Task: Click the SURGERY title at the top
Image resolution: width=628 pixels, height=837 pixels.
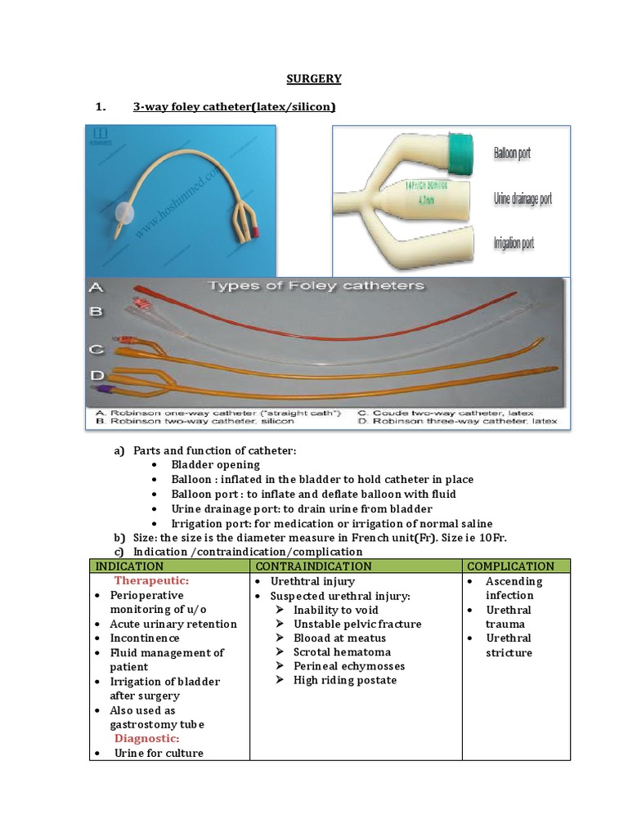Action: pyautogui.click(x=314, y=78)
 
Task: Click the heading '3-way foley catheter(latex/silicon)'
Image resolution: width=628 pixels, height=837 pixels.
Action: pyautogui.click(x=234, y=107)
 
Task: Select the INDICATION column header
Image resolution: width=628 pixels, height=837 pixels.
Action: pyautogui.click(x=129, y=566)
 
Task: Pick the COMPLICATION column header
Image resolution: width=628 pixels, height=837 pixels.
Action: pyautogui.click(x=511, y=566)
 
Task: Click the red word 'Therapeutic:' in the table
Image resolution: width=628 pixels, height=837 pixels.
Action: pyautogui.click(x=151, y=580)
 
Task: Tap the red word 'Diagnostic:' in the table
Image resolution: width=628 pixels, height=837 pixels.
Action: pyautogui.click(x=146, y=738)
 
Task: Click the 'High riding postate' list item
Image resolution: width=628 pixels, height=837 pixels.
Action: pyautogui.click(x=345, y=680)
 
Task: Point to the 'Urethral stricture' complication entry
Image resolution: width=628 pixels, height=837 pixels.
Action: pyautogui.click(x=509, y=646)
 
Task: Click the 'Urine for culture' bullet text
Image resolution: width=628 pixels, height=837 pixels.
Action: pyautogui.click(x=159, y=753)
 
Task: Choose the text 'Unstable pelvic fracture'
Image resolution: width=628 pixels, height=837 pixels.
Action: pyautogui.click(x=357, y=624)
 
